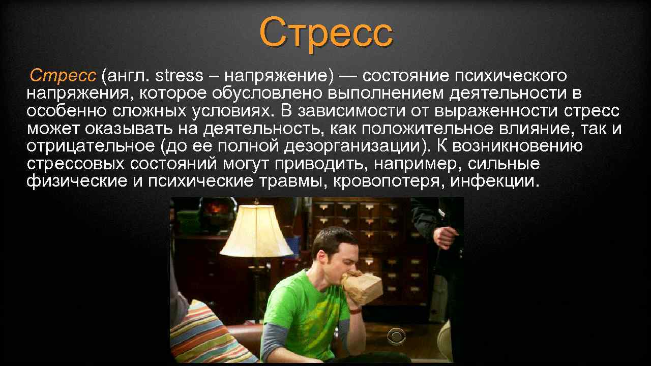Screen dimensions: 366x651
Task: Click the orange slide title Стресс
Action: click(326, 32)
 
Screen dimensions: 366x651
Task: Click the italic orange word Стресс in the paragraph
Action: click(63, 76)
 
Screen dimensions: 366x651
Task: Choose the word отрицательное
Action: click(90, 146)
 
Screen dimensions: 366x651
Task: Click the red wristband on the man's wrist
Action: click(354, 309)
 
